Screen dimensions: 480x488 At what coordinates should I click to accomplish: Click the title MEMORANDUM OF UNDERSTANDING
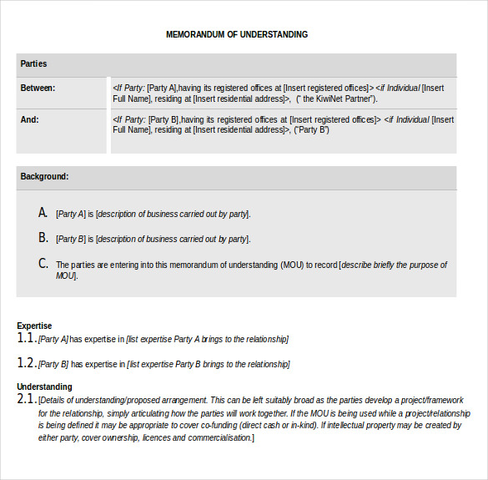point(237,35)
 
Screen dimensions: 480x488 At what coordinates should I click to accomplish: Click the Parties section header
point(34,64)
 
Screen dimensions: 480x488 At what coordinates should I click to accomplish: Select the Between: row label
point(38,88)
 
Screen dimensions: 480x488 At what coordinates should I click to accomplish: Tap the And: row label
point(30,119)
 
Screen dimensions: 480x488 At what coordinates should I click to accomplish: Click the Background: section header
point(45,177)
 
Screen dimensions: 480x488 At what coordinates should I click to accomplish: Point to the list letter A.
point(43,213)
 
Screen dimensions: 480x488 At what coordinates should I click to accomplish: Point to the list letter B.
point(43,238)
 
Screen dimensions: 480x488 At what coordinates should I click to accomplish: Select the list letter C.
point(43,264)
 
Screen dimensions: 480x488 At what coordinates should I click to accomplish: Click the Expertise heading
point(34,326)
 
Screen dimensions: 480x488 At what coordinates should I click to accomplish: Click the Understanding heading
point(44,387)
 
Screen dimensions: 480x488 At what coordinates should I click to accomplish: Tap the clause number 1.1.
point(27,338)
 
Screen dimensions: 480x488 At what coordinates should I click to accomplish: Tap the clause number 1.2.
point(27,364)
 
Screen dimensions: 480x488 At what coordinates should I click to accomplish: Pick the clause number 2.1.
point(27,400)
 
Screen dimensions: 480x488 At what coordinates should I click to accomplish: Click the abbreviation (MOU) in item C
point(292,265)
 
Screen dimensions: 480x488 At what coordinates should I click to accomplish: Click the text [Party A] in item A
point(71,215)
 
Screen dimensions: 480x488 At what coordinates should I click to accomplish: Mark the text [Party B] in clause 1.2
point(53,365)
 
